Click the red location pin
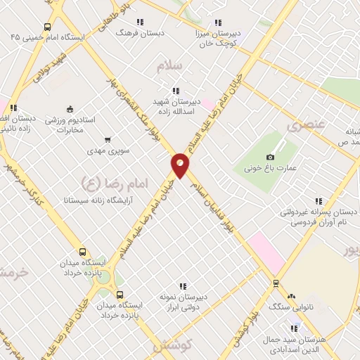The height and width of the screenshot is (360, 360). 180,165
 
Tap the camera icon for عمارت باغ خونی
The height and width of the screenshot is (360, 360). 271,157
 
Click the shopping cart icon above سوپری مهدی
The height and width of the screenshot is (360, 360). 108,139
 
